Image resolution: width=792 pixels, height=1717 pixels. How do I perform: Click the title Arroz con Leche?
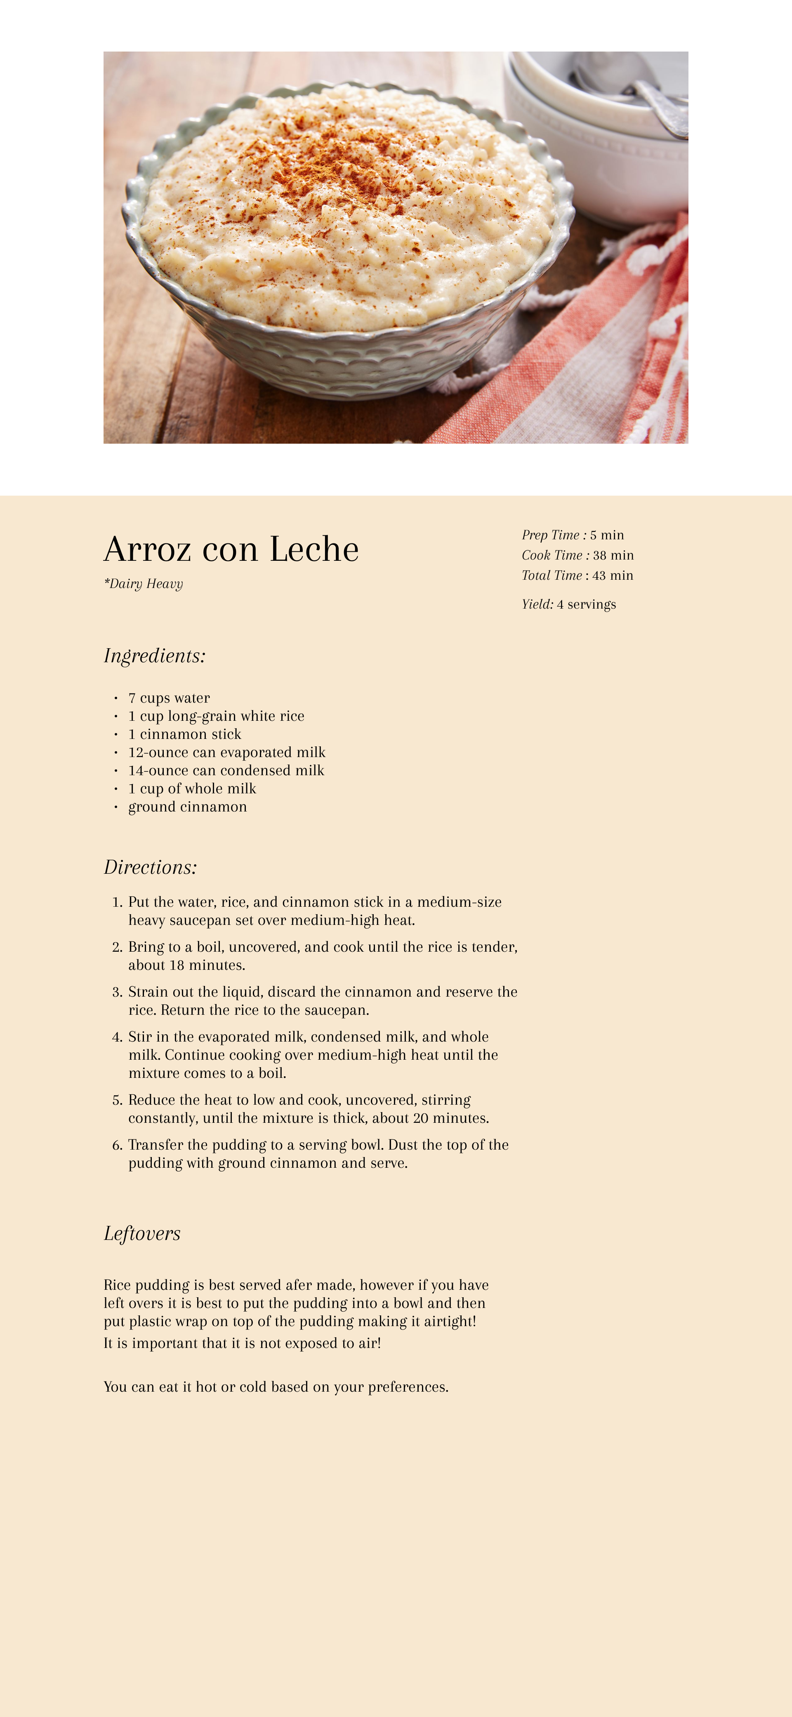click(x=231, y=549)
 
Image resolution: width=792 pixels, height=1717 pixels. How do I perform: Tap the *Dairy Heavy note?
click(x=143, y=584)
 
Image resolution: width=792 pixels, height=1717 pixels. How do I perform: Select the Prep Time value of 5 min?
click(x=607, y=535)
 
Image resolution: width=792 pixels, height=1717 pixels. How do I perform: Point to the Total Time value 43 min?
click(x=612, y=575)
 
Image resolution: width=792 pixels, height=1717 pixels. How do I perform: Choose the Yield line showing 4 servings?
click(x=569, y=604)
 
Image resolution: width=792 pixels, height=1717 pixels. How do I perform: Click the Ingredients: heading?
click(x=155, y=656)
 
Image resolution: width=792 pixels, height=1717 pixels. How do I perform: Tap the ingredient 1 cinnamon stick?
click(x=185, y=734)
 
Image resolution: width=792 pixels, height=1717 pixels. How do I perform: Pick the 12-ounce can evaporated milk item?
click(x=226, y=753)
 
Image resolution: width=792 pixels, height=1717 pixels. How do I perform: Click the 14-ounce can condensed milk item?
click(x=226, y=771)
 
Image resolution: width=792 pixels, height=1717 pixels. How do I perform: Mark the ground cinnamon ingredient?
click(x=187, y=807)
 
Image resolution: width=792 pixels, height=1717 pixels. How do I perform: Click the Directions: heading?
click(x=151, y=867)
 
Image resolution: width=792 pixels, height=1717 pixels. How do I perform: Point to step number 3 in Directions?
click(x=117, y=993)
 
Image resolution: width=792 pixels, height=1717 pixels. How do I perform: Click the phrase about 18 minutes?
click(x=187, y=965)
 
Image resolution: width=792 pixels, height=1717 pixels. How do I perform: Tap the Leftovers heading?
click(x=142, y=1234)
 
